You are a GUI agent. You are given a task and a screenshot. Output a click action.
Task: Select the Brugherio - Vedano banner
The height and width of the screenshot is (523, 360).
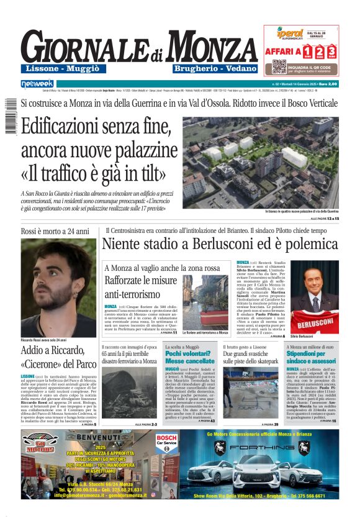pyautogui.click(x=215, y=68)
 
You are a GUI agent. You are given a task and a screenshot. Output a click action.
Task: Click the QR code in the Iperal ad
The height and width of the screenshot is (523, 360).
pyautogui.click(x=279, y=66)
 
